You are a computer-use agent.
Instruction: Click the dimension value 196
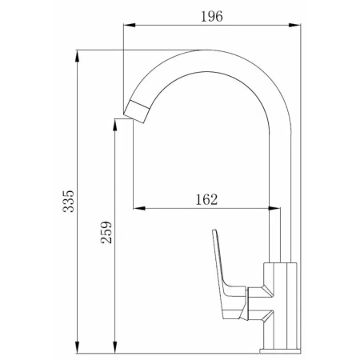(x=212, y=17)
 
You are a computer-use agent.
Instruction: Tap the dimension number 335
(x=68, y=202)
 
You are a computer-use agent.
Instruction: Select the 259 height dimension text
(x=106, y=232)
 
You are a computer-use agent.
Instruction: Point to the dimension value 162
(x=206, y=199)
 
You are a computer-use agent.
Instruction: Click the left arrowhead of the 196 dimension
(x=130, y=25)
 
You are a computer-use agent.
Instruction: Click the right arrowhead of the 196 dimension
(x=294, y=25)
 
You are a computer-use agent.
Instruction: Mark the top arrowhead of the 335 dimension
(x=78, y=56)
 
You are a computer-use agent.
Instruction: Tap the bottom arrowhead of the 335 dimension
(x=78, y=347)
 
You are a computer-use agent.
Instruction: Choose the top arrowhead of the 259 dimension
(x=115, y=125)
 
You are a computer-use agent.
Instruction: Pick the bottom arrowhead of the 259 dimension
(x=115, y=347)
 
